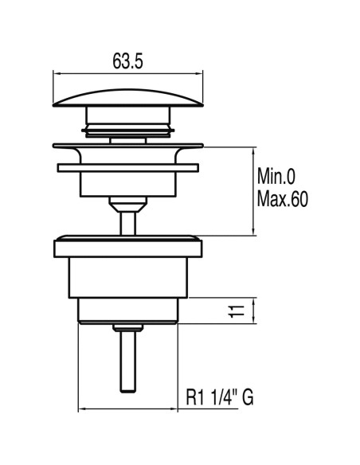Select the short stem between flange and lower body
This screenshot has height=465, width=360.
[127, 217]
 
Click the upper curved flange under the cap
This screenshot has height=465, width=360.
[127, 147]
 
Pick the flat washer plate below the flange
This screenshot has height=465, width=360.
[127, 166]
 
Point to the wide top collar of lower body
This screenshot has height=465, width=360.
[127, 244]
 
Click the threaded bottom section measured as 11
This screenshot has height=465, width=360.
[127, 311]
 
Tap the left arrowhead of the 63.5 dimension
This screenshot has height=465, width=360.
[57, 73]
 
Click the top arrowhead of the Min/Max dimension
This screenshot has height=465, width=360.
[254, 149]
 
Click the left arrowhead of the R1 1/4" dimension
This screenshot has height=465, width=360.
[81, 410]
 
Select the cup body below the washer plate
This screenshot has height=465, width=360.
[127, 185]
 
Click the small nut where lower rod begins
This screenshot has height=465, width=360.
[127, 327]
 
